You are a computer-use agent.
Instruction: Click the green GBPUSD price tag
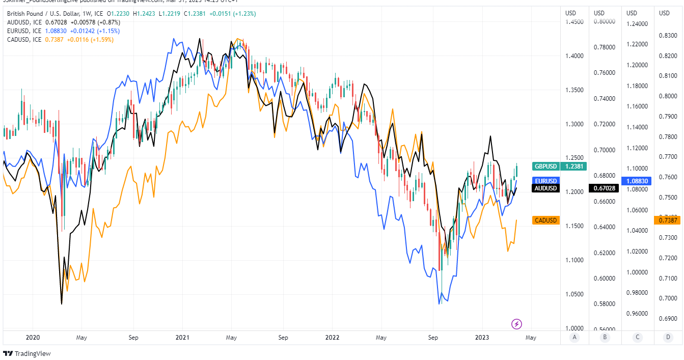pyautogui.click(x=545, y=166)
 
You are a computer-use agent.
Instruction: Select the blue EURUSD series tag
pyautogui.click(x=545, y=181)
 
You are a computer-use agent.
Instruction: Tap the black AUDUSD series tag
pyautogui.click(x=545, y=188)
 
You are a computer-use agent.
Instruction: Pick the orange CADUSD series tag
pyautogui.click(x=545, y=220)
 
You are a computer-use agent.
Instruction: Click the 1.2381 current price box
pyautogui.click(x=573, y=166)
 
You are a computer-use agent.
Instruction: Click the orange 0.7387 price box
pyautogui.click(x=667, y=220)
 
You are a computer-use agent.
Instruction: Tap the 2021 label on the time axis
pyautogui.click(x=182, y=337)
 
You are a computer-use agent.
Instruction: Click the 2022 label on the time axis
pyautogui.click(x=332, y=337)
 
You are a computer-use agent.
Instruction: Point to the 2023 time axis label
pyautogui.click(x=482, y=337)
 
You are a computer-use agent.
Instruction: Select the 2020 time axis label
pyautogui.click(x=32, y=337)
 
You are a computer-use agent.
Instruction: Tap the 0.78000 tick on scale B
pyautogui.click(x=605, y=47)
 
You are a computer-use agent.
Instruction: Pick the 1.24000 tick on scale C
pyautogui.click(x=637, y=24)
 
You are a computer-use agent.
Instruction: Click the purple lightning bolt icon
pyautogui.click(x=516, y=324)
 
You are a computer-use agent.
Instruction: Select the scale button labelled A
pyautogui.click(x=574, y=337)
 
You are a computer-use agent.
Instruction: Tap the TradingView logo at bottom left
pyautogui.click(x=28, y=353)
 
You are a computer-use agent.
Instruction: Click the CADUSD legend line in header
pyautogui.click(x=60, y=39)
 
